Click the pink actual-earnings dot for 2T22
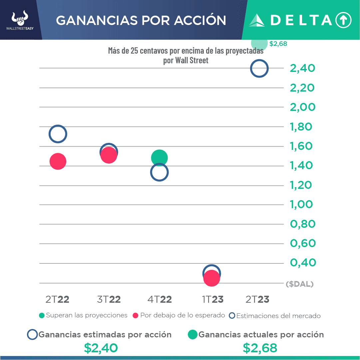(x=58, y=162)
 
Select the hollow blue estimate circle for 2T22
(x=58, y=134)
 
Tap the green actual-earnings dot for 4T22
(x=159, y=158)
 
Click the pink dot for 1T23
(x=212, y=278)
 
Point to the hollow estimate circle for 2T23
(x=259, y=69)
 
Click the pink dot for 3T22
(x=109, y=155)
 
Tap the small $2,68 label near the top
(x=278, y=44)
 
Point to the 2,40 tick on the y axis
(x=302, y=68)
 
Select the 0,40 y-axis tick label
(x=302, y=263)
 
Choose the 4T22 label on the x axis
(x=160, y=299)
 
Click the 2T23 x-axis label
(x=257, y=299)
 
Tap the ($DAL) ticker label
(x=300, y=284)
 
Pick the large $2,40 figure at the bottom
(x=101, y=348)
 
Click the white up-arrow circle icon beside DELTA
(x=343, y=20)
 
